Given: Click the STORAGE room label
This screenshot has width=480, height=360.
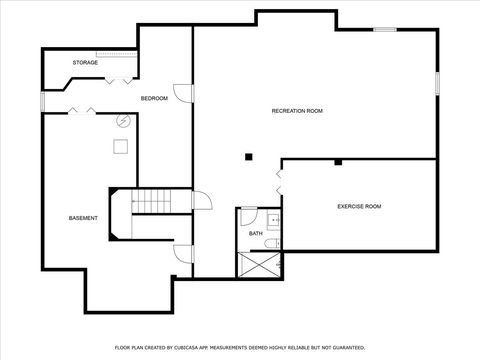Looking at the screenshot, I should (x=84, y=63).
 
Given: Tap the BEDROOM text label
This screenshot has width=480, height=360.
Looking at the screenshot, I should (x=153, y=98).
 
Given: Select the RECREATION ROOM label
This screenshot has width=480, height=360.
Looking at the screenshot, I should (x=297, y=111).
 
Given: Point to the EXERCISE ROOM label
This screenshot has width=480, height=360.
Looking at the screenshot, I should (x=359, y=206).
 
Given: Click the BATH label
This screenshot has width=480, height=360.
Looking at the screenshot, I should (x=256, y=234).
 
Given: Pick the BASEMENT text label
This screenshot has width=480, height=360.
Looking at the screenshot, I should (x=83, y=218).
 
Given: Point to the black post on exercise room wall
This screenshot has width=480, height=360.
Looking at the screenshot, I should (x=338, y=161).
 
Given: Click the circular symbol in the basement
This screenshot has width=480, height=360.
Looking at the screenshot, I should (x=123, y=121).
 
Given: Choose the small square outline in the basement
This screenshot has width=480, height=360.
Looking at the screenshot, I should (x=121, y=147).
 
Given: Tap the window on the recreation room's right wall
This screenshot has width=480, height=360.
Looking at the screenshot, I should (x=437, y=83).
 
